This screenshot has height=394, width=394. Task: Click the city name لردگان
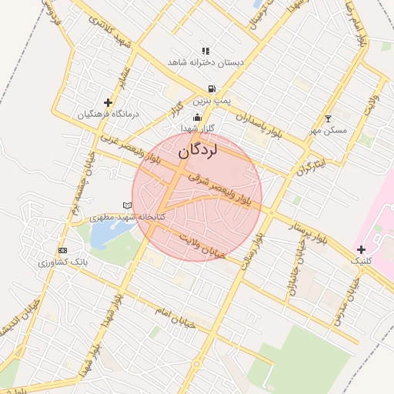[198, 150]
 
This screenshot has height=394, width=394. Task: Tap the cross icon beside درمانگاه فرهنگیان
[108, 102]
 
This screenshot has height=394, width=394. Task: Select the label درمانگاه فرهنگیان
[108, 115]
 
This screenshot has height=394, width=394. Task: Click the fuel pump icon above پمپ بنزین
[211, 89]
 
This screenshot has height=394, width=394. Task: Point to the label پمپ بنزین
[211, 101]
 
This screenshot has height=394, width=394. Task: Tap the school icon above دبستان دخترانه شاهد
[205, 51]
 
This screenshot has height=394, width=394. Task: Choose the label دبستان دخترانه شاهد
[206, 62]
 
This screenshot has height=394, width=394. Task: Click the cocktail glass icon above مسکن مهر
[329, 119]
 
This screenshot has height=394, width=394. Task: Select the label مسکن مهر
[329, 130]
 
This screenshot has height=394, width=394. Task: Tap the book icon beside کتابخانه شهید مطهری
[128, 205]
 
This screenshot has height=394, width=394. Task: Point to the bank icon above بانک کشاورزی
[63, 251]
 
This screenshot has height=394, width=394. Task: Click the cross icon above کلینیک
[361, 249]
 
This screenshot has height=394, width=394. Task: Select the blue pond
[102, 235]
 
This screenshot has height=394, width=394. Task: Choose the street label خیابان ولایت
[201, 245]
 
